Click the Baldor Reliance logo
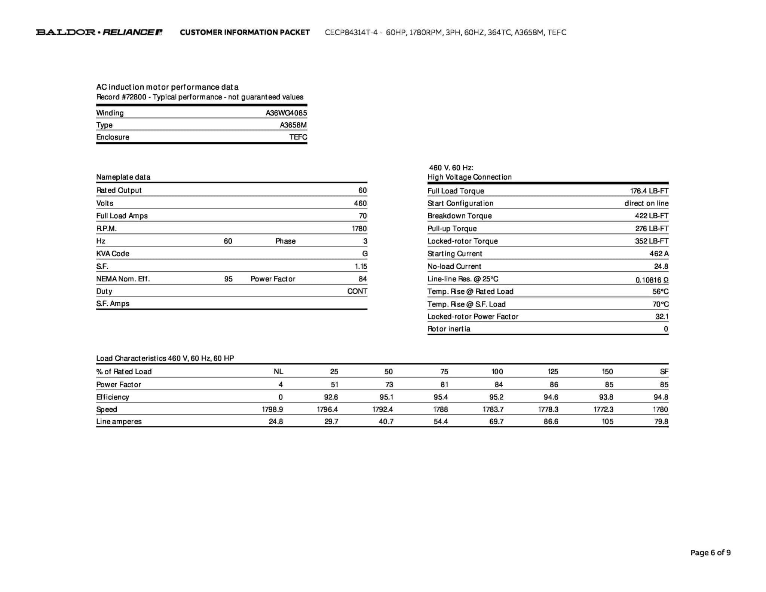[99, 32]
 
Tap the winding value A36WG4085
[286, 113]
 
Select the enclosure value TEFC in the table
[298, 137]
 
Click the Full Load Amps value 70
[362, 216]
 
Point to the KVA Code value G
[365, 254]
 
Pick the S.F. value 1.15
[361, 266]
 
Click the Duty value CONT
[357, 291]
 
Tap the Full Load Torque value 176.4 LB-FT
[649, 191]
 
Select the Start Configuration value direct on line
[646, 203]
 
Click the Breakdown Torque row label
[459, 216]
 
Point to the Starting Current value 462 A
[659, 254]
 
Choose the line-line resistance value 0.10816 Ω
[652, 280]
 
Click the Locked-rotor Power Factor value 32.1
[662, 317]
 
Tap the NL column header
[278, 372]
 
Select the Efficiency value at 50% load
[386, 397]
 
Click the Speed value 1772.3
[603, 409]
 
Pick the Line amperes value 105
[607, 422]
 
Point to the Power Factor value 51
[334, 385]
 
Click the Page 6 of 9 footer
[710, 553]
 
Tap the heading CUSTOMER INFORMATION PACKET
[245, 33]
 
